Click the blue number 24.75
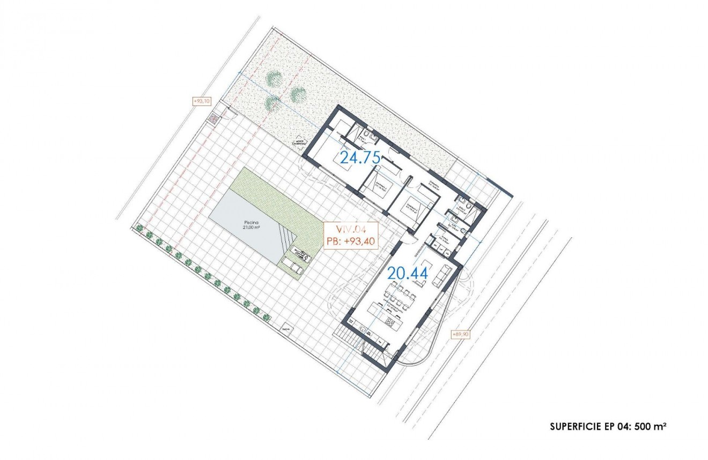click(x=360, y=157)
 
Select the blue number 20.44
click(x=408, y=273)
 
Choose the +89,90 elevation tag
click(x=461, y=334)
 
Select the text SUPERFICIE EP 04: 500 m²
click(x=608, y=426)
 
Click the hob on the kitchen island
click(x=390, y=323)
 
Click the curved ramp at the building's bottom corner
click(x=424, y=348)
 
